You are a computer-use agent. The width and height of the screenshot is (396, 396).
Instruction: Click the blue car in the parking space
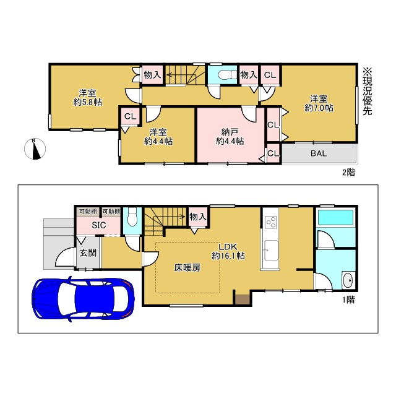point(83,299)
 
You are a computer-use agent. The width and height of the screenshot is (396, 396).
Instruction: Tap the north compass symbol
point(35,149)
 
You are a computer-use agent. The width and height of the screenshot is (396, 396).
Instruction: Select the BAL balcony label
point(319,153)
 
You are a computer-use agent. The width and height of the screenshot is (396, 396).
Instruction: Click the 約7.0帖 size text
point(319,108)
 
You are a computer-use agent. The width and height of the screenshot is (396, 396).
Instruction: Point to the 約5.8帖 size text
point(88,102)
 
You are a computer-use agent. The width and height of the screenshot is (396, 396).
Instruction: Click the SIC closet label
point(99,225)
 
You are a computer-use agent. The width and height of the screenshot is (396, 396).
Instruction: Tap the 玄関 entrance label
point(88,253)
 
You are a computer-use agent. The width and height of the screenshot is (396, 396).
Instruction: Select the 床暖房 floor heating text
point(187,267)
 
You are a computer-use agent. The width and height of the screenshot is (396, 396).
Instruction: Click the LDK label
point(228,247)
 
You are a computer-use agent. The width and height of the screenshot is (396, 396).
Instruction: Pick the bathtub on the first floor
point(335,217)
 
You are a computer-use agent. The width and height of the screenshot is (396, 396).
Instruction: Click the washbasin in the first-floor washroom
point(349,280)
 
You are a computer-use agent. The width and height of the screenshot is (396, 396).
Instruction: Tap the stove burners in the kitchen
point(271,222)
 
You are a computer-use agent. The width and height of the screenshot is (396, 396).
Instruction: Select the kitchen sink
point(271,250)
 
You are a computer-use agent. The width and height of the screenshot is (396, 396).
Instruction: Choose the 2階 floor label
point(348,173)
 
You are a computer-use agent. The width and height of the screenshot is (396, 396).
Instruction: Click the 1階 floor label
point(348,299)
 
